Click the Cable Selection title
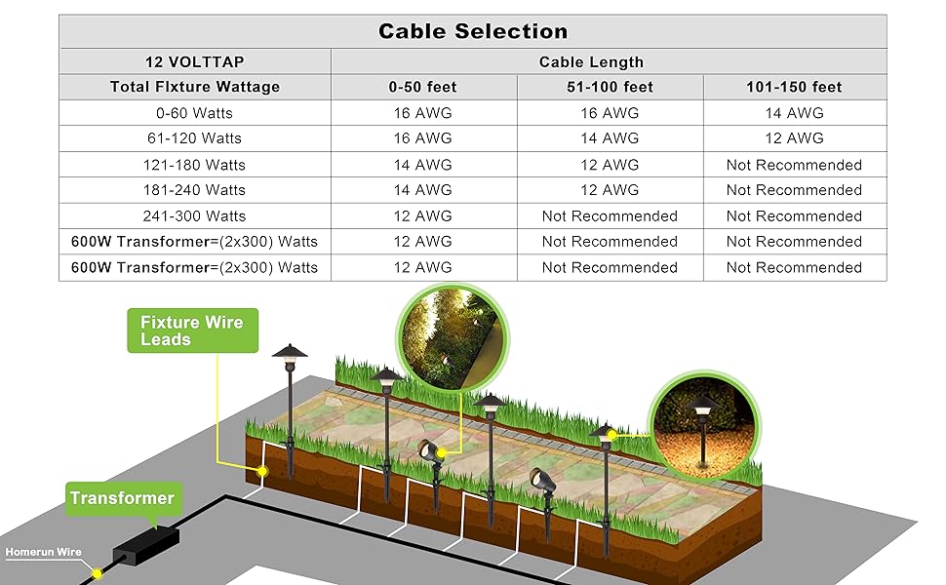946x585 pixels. point(473,30)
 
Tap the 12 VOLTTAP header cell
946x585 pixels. point(194,61)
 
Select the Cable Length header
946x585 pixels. point(610,61)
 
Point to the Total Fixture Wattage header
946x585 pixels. point(194,87)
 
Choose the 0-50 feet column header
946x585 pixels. point(422,87)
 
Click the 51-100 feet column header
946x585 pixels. point(610,87)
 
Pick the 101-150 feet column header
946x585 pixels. point(794,87)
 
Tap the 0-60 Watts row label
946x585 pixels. point(194,113)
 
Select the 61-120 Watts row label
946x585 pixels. point(194,138)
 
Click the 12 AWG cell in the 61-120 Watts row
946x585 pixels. point(794,138)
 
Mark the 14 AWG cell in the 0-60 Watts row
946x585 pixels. point(794,113)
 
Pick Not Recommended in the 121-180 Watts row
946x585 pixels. point(794,165)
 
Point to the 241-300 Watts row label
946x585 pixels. point(194,215)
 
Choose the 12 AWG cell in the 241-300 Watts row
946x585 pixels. point(422,215)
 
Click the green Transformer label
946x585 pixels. point(122,498)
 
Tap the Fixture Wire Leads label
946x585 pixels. point(192,331)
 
